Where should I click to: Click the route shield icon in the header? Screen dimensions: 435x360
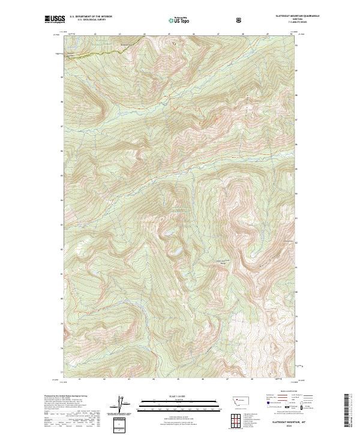coord(240,20)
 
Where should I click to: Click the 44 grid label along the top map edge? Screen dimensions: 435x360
coord(154,34)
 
